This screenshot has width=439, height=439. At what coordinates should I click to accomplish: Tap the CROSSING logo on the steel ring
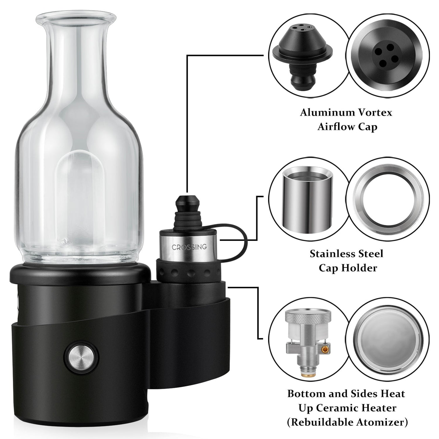[x=189, y=247]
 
